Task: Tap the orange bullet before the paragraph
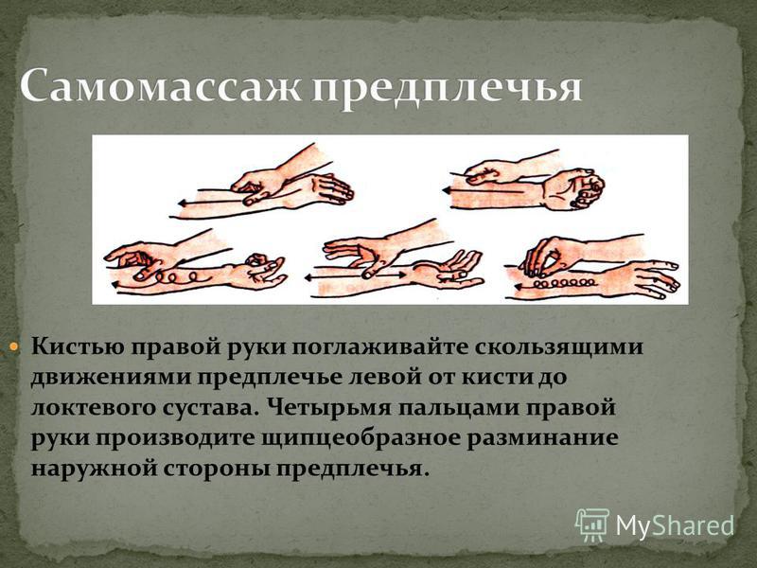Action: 13,346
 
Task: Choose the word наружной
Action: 92,469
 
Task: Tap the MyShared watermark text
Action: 676,525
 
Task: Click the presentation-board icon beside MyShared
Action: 592,525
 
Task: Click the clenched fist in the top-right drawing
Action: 574,189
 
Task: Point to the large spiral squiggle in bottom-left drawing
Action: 181,277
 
